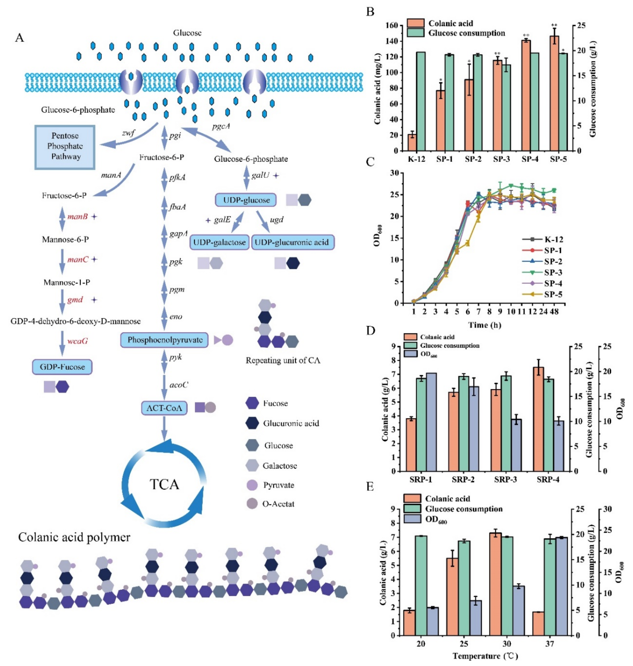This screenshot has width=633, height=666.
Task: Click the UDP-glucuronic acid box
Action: (292, 242)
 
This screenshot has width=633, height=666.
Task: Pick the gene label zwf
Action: (128, 133)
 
